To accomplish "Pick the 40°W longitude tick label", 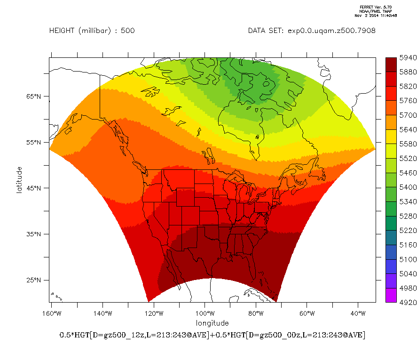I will pyautogui.click(x=358, y=313).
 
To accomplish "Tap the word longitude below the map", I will pyautogui.click(x=212, y=323).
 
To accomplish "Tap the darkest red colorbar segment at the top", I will pyautogui.click(x=390, y=65).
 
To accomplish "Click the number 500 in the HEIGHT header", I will pyautogui.click(x=128, y=31).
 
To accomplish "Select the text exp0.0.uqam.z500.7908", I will pyautogui.click(x=331, y=31).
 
